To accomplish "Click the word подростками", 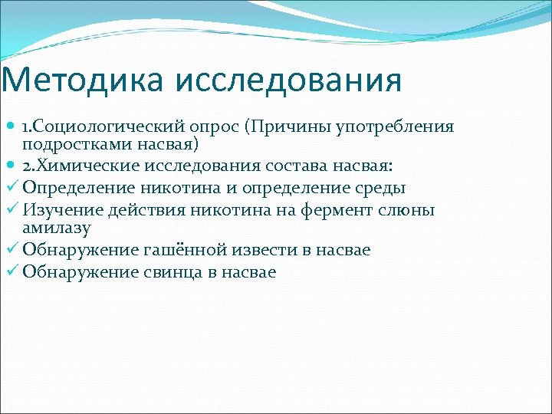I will [71, 143].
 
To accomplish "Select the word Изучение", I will [62, 210].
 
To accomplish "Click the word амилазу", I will [58, 228].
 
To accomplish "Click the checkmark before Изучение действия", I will [11, 210].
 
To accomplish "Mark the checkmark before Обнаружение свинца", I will [11, 272].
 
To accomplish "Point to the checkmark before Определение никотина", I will [11, 187].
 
